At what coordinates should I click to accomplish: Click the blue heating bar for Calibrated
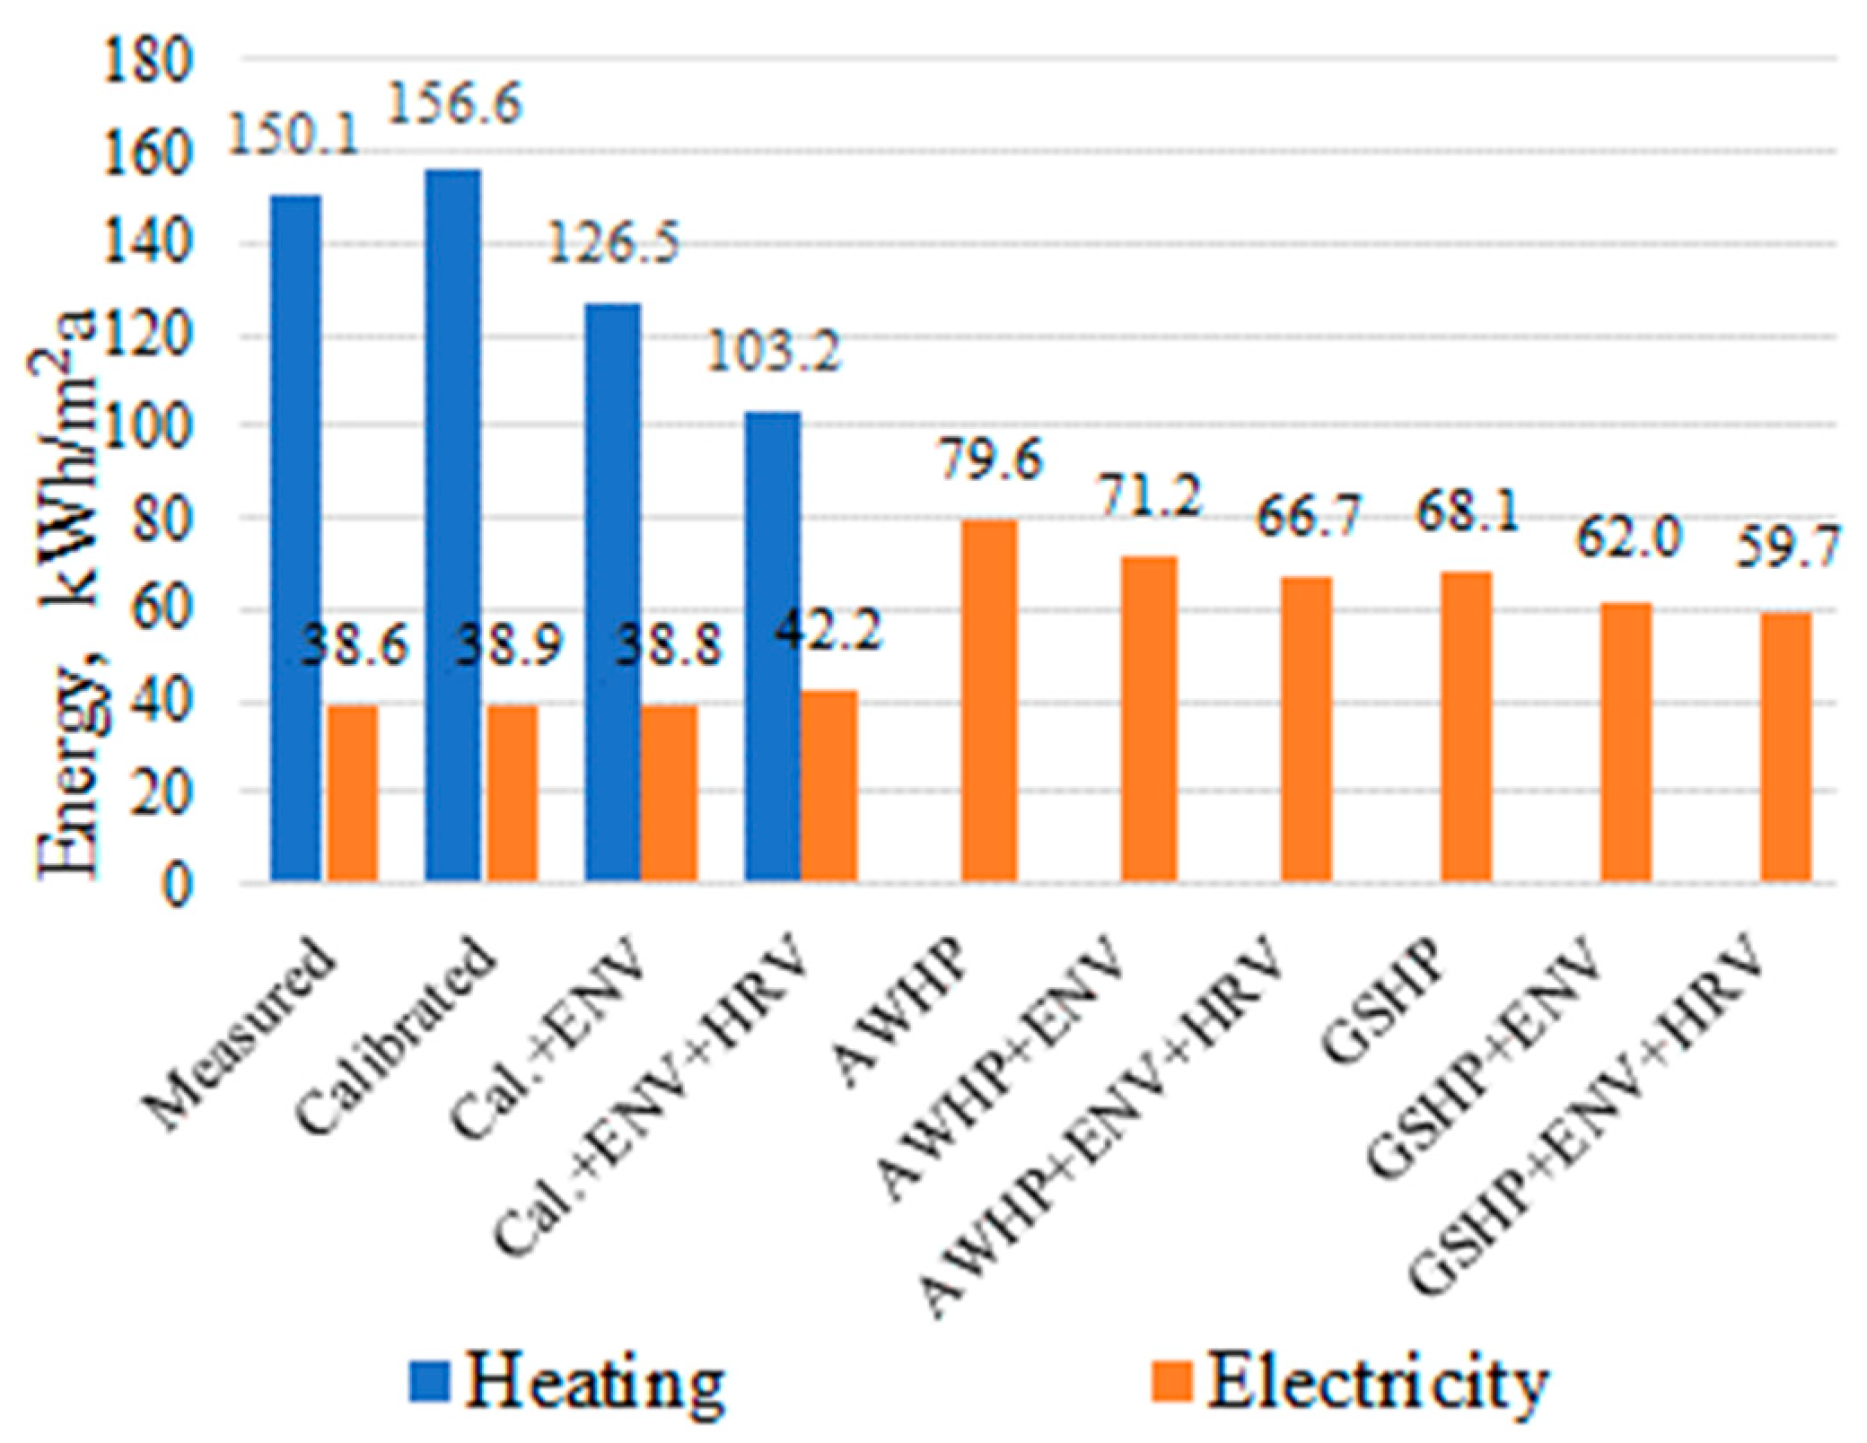pyautogui.click(x=453, y=525)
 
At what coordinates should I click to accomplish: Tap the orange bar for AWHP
pyautogui.click(x=989, y=700)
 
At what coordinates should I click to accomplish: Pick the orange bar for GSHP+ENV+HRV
pyautogui.click(x=1786, y=746)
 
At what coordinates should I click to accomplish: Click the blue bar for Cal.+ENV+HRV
pyautogui.click(x=772, y=646)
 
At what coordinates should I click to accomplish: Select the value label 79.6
pyautogui.click(x=991, y=459)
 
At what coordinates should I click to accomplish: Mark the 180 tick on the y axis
pyautogui.click(x=148, y=62)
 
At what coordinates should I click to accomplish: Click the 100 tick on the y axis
pyautogui.click(x=148, y=425)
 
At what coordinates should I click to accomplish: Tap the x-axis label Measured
pyautogui.click(x=242, y=1032)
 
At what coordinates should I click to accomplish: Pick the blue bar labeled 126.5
pyautogui.click(x=613, y=592)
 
